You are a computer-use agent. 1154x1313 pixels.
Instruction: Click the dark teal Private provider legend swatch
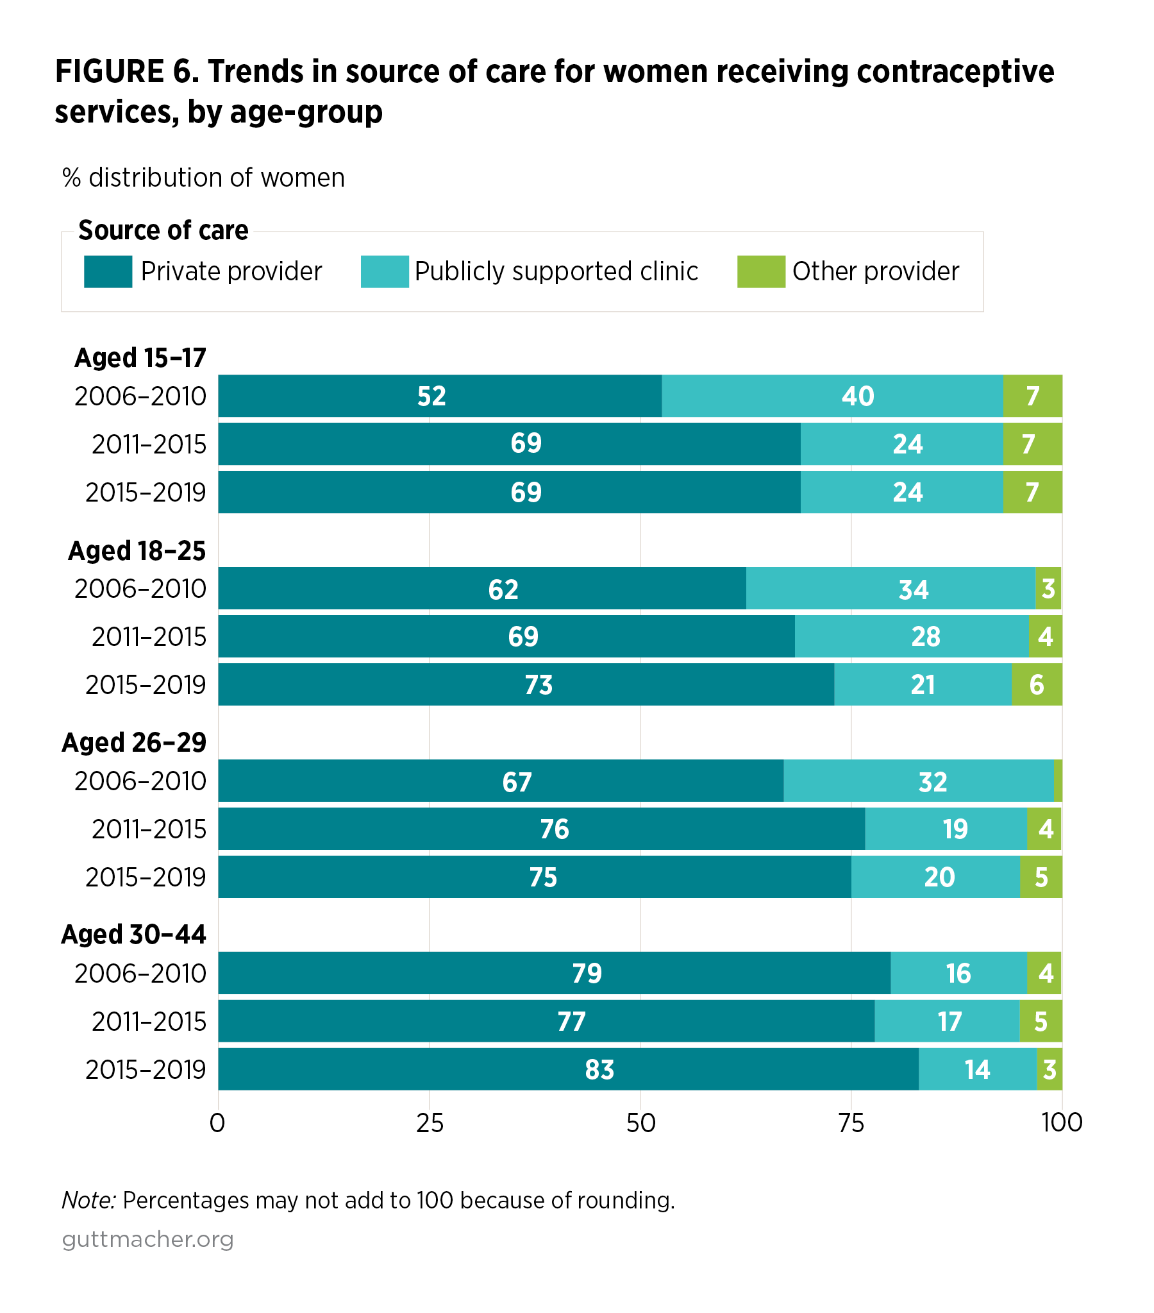coord(108,271)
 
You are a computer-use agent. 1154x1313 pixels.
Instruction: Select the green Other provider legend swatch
coord(760,271)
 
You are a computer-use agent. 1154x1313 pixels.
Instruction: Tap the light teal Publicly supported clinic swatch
coord(384,271)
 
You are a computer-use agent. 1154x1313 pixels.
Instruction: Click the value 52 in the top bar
coord(431,396)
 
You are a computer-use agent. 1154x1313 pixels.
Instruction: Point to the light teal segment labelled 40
coord(857,396)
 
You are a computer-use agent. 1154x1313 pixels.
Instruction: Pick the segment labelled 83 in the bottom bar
coord(599,1069)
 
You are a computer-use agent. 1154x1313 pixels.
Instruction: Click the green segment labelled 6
coord(1036,685)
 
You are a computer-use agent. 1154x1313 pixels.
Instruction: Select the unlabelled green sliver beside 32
coord(1058,781)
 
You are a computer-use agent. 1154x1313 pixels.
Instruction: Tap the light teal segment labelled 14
coord(977,1069)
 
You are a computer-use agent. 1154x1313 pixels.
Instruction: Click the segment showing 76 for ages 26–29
coord(553,829)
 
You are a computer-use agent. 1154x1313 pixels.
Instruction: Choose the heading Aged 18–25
coord(137,550)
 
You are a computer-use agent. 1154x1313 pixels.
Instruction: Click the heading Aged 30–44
coord(133,934)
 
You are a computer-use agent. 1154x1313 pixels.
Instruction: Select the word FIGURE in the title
coord(109,71)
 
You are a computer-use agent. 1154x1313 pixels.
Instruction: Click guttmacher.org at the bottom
coord(147,1239)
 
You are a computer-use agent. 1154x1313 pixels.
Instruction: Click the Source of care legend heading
coord(163,230)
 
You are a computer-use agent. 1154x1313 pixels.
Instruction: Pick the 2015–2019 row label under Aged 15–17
coord(146,492)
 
